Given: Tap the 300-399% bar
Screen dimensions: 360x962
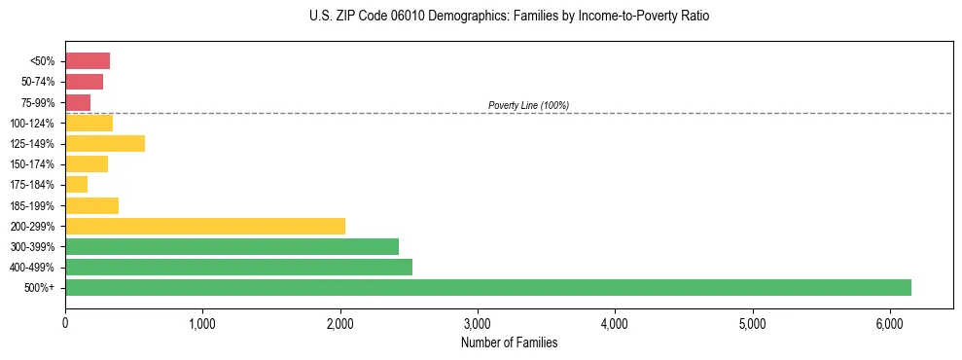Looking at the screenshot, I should click(x=232, y=246).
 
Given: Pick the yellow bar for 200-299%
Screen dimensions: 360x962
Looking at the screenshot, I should click(x=205, y=226).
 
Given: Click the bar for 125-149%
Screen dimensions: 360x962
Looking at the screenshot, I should click(x=105, y=143).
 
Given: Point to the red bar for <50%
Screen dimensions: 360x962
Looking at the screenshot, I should click(x=88, y=60).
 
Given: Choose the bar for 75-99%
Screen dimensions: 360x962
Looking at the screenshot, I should click(x=78, y=102).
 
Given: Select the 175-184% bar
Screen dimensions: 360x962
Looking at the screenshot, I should click(x=76, y=184).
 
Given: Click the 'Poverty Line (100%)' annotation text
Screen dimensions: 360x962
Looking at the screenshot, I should click(x=528, y=105).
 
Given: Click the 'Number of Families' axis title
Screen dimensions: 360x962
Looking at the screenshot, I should click(x=509, y=342).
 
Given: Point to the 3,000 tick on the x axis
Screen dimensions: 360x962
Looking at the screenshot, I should click(x=478, y=323).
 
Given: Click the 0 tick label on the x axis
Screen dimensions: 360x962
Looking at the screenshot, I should click(x=65, y=323).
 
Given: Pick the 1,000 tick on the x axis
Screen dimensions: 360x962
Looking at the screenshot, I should click(x=202, y=323).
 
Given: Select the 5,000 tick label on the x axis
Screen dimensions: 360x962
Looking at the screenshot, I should click(x=753, y=323).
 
